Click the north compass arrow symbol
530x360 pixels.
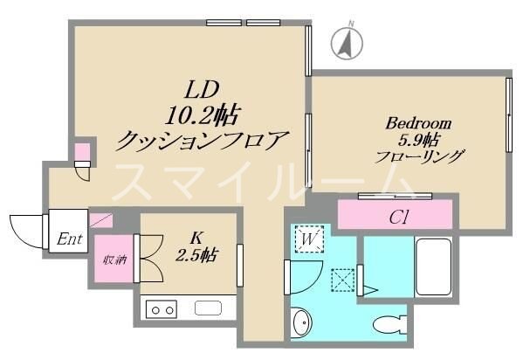click(x=347, y=41)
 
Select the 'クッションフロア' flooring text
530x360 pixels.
click(x=203, y=138)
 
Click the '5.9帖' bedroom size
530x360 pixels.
click(x=418, y=141)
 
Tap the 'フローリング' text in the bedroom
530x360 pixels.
click(x=419, y=157)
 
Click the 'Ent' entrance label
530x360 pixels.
click(x=71, y=239)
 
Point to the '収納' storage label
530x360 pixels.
click(x=114, y=260)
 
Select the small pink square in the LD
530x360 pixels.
click(x=81, y=152)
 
